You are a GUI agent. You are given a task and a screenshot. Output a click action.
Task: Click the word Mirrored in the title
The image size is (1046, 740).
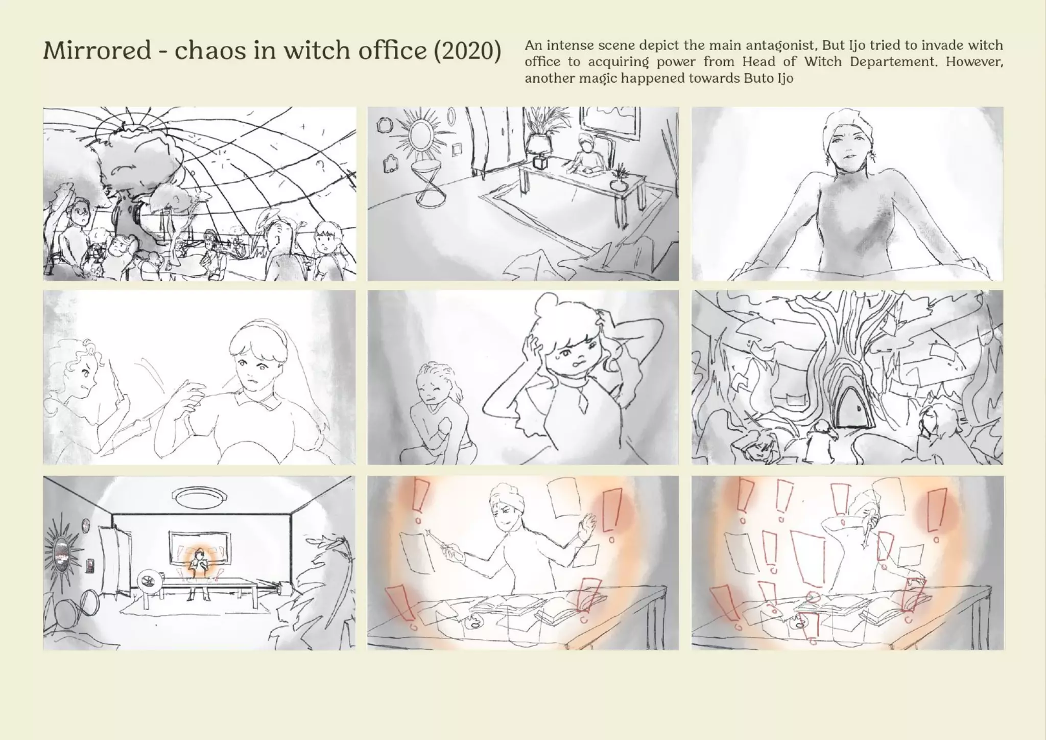pyautogui.click(x=97, y=51)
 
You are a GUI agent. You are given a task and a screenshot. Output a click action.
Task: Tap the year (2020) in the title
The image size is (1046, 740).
pyautogui.click(x=467, y=51)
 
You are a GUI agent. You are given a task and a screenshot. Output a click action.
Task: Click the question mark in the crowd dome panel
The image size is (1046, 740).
pyautogui.click(x=321, y=165)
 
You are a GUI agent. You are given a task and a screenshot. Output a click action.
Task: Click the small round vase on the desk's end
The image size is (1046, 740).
pyautogui.click(x=619, y=184)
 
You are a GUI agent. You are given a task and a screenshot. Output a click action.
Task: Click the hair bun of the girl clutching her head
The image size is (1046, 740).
pyautogui.click(x=546, y=306)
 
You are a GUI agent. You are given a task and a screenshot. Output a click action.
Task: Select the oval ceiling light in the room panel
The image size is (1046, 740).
pyautogui.click(x=197, y=495)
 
